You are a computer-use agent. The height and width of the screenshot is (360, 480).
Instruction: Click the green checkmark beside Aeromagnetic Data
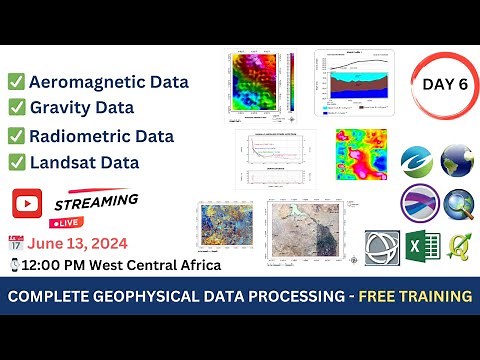click(x=16, y=82)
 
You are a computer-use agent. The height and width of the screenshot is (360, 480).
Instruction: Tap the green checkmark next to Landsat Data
click(x=16, y=160)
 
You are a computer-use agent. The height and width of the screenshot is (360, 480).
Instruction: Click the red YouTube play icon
click(x=25, y=203)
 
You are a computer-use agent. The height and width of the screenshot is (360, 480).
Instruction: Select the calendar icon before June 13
click(x=15, y=241)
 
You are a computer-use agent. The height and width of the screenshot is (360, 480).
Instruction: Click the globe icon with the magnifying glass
click(x=460, y=205)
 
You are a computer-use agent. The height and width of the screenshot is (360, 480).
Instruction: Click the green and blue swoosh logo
click(x=418, y=160)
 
